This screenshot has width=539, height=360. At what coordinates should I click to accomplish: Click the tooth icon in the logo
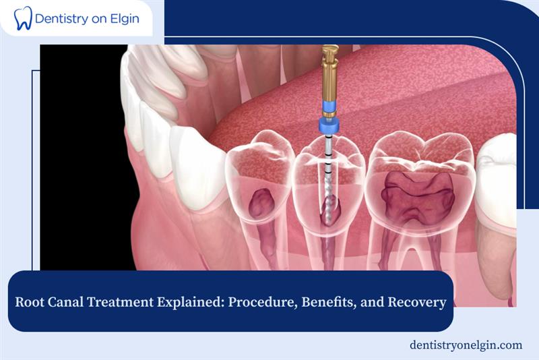(x=23, y=18)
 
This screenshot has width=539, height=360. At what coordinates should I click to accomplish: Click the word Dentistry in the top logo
(x=64, y=18)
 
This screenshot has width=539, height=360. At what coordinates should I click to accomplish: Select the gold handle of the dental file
(x=329, y=74)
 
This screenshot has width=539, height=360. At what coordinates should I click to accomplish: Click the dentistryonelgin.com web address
(x=466, y=344)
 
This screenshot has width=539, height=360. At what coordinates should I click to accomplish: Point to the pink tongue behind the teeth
(x=404, y=101)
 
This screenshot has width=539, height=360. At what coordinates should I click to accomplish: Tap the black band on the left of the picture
(x=81, y=169)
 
